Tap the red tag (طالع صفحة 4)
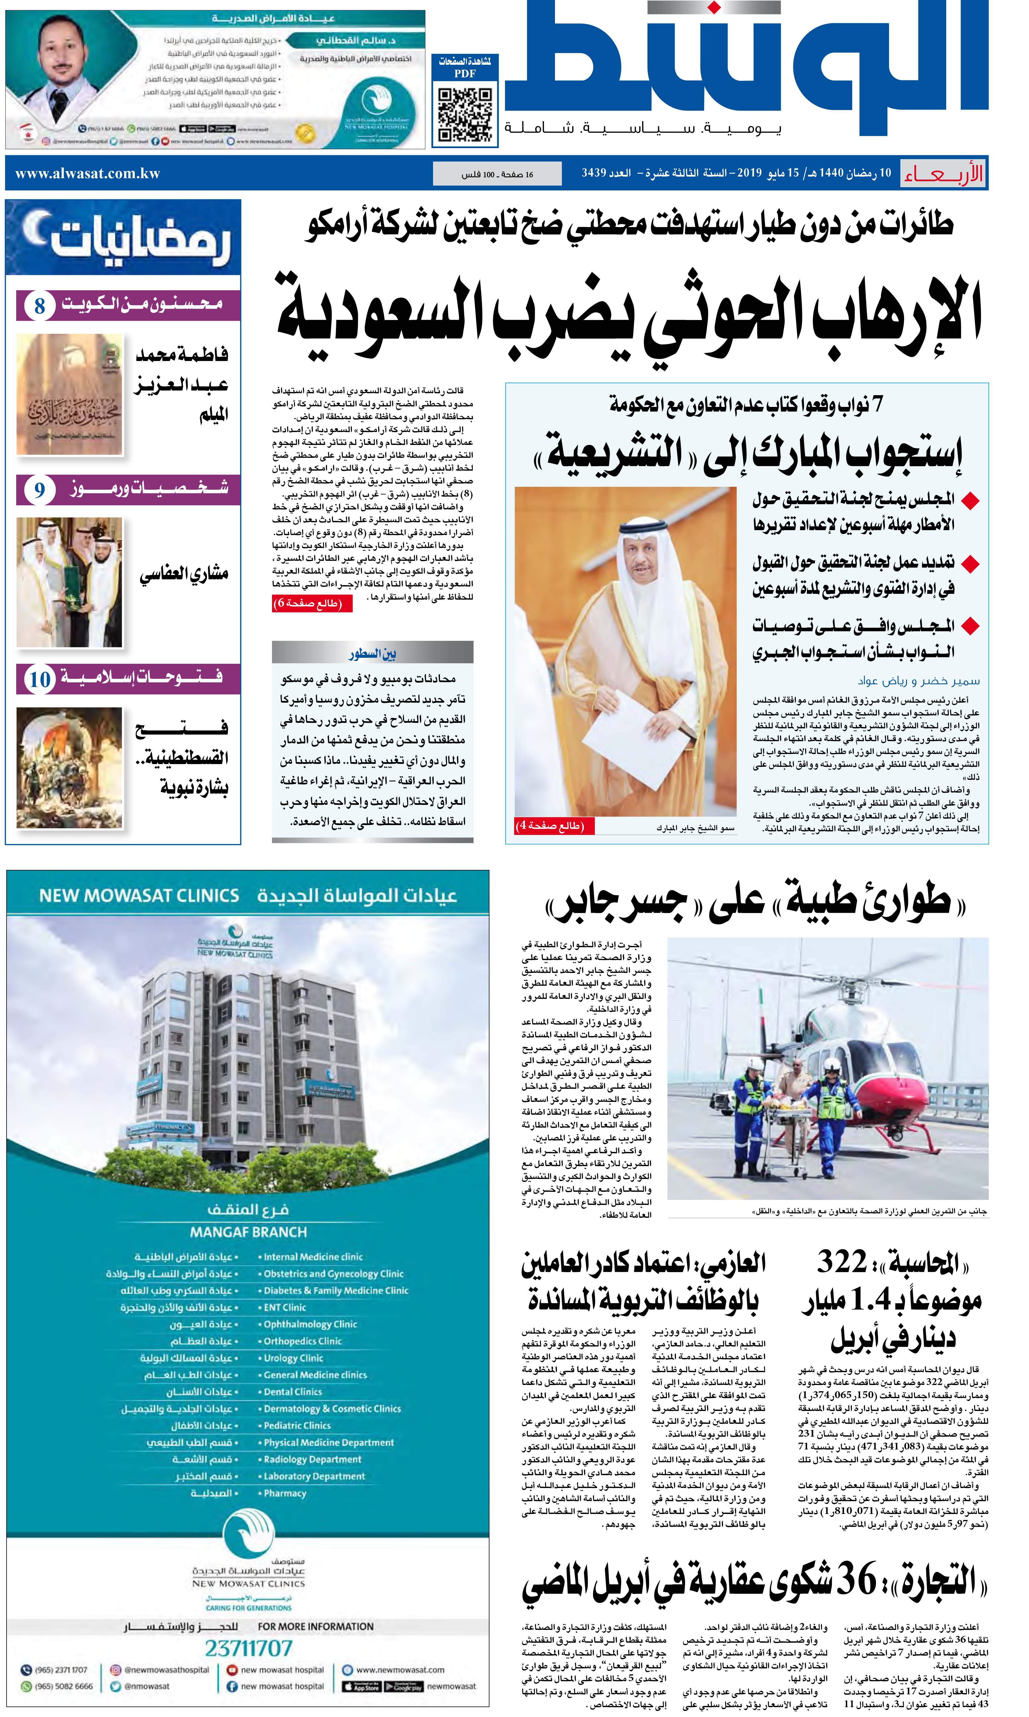[551, 826]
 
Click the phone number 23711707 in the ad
[248, 1648]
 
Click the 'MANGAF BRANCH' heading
[248, 1232]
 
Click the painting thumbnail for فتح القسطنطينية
[69, 767]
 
